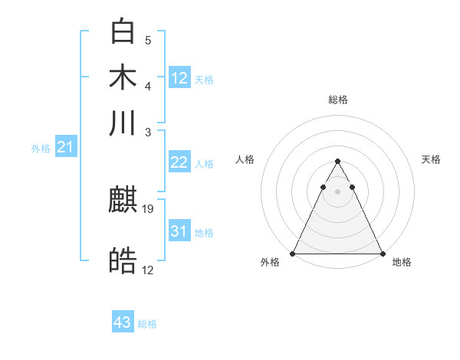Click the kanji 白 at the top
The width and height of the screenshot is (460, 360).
123,31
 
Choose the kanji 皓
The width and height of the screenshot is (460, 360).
123,261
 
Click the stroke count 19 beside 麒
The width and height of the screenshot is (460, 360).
149,208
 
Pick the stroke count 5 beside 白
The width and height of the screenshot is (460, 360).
148,40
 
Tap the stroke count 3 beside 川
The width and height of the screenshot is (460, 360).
148,131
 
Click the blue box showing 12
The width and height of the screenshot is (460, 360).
179,77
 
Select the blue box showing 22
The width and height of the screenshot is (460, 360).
179,162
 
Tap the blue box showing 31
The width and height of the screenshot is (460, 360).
179,231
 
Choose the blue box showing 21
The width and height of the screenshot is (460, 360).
65,147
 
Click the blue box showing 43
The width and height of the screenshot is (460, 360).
123,322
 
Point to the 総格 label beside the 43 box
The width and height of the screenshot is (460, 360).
147,324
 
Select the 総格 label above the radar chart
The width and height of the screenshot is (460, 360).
337,100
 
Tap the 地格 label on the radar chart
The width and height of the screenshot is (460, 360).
402,262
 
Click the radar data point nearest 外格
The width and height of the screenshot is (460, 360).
293,253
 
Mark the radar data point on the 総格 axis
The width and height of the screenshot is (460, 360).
337,162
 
